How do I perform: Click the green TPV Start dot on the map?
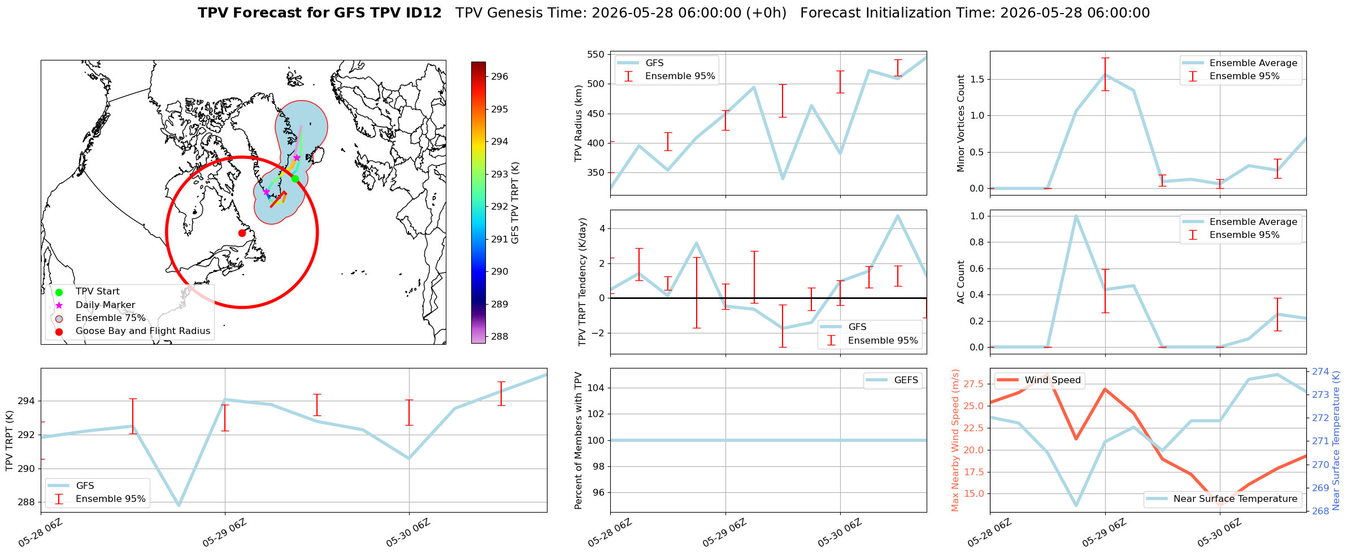(x=295, y=179)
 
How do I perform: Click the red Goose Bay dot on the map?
(x=242, y=233)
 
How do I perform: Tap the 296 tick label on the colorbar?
(x=499, y=76)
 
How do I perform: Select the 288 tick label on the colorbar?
(x=499, y=336)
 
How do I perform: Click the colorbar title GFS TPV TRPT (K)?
(x=515, y=202)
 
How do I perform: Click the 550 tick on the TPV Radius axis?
(x=596, y=55)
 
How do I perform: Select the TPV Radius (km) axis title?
(x=578, y=123)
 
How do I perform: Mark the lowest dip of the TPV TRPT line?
(x=179, y=505)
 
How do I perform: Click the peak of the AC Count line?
(x=1076, y=216)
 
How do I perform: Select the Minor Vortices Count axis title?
(x=961, y=123)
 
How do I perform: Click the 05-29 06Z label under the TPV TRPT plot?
(x=225, y=533)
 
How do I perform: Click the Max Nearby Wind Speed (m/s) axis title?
(x=955, y=440)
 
